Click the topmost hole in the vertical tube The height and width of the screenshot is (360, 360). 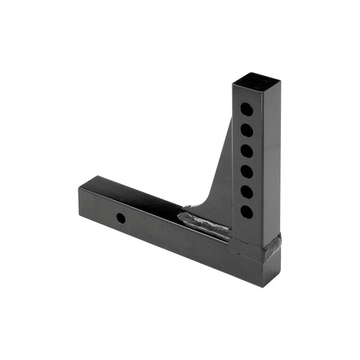coord(247,109)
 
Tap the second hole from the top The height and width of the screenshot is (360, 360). coord(247,130)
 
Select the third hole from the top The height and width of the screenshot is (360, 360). coord(247,151)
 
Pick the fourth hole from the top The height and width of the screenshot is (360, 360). coord(247,172)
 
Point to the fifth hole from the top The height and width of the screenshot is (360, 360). coord(247,192)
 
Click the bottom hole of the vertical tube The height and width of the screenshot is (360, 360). coord(247,212)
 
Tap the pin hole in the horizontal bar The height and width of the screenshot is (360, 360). coord(120,219)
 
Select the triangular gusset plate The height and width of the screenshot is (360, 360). coord(220,176)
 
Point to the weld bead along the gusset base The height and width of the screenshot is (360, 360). coord(203,224)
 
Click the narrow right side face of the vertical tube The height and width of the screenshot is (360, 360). coord(274,162)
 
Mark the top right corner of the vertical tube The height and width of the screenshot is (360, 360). coord(280,81)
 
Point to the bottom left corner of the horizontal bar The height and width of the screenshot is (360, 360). coord(80,217)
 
